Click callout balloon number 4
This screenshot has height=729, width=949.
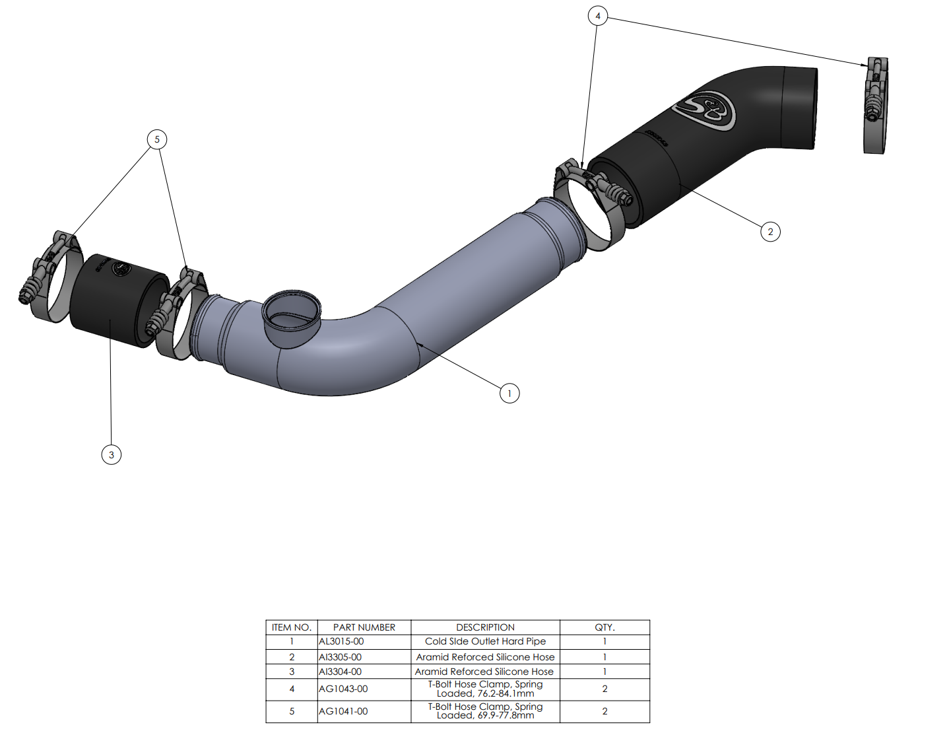coord(597,16)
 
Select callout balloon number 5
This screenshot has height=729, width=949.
coord(157,139)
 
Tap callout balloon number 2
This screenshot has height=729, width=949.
coord(770,232)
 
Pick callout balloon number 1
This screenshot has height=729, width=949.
coord(509,393)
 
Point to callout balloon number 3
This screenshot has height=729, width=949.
coord(112,455)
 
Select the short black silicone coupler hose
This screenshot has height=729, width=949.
coord(119,300)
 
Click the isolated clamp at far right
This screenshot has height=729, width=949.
coord(876,105)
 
